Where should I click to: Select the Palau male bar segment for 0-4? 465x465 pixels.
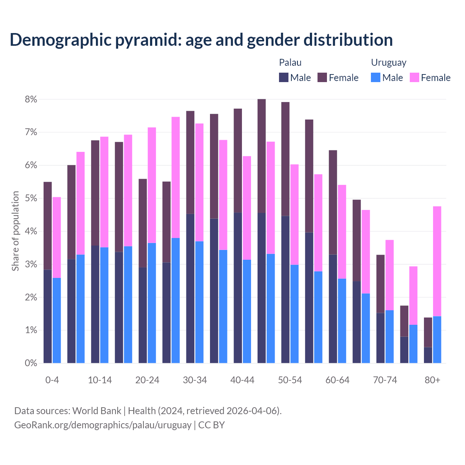pos(48,316)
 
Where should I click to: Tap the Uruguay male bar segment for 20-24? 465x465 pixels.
pos(152,303)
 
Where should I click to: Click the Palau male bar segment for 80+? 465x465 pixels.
pos(428,355)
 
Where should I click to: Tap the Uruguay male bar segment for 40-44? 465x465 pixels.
pos(247,311)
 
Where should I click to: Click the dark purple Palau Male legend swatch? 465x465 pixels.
pos(284,77)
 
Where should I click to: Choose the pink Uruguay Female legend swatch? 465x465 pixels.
pos(414,77)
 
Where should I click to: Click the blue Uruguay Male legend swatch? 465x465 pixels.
pos(376,77)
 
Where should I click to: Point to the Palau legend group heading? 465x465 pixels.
pos(290,62)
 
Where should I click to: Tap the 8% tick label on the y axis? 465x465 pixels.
pos(31,99)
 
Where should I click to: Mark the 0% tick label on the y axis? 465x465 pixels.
pos(31,363)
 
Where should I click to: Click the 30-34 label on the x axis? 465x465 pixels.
pos(195,380)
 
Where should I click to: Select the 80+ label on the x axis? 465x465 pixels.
pos(432,380)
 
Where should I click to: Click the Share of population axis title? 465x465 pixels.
pos(15,231)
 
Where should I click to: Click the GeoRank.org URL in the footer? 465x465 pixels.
pos(102,425)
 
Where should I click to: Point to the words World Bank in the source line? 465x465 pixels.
pos(97,411)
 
